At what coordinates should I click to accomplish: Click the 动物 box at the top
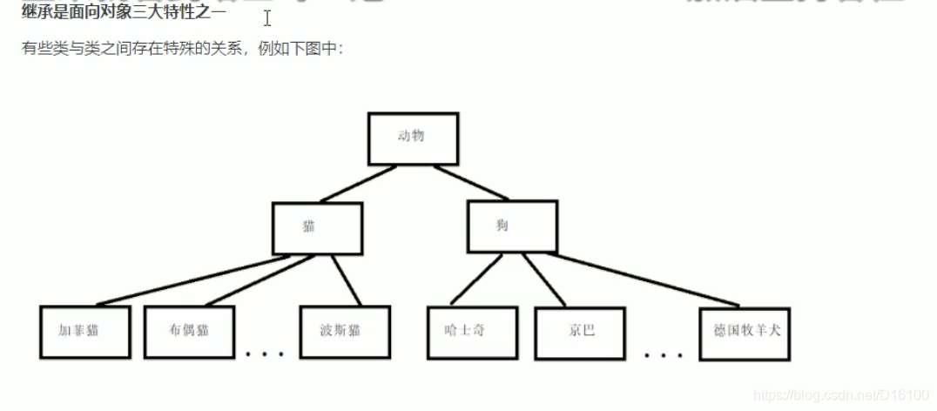pyautogui.click(x=413, y=138)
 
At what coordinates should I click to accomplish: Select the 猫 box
pyautogui.click(x=316, y=227)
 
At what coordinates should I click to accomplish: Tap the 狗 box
pyautogui.click(x=511, y=226)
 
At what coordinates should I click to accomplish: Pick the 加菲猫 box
pyautogui.click(x=84, y=331)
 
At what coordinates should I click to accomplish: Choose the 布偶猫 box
pyautogui.click(x=189, y=331)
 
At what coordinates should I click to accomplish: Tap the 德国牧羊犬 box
pyautogui.click(x=745, y=333)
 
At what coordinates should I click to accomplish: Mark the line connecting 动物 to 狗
pyautogui.click(x=472, y=184)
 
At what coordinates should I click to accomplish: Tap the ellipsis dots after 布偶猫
pyautogui.click(x=265, y=354)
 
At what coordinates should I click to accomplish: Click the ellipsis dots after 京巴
pyautogui.click(x=664, y=354)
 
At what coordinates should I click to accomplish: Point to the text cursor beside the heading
pyautogui.click(x=267, y=18)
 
